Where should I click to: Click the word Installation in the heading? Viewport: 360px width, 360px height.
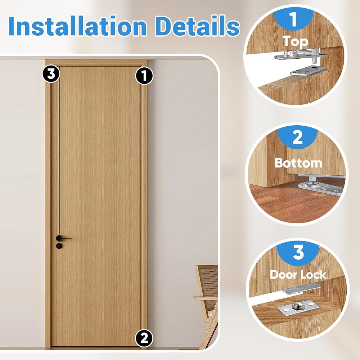tap(78, 26)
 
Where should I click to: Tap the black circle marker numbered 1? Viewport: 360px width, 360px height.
tap(144, 76)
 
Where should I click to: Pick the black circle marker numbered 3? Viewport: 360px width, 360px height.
tap(51, 74)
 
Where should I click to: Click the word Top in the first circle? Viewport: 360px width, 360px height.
tap(295, 41)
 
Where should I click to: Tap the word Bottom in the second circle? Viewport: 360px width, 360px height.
tap(298, 163)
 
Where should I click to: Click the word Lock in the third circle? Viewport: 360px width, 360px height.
tap(314, 274)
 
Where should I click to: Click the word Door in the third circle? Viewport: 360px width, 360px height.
tap(284, 274)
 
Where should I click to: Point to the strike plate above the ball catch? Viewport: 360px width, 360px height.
tap(301, 287)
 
